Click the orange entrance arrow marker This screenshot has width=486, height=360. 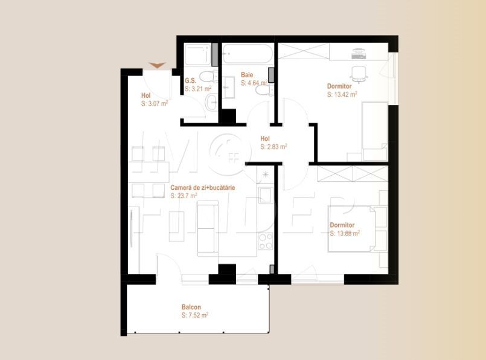[158, 65]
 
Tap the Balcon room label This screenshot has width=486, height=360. [191, 307]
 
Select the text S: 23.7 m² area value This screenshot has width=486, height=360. [184, 196]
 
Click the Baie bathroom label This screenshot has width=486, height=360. [247, 75]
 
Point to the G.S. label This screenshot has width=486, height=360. [191, 80]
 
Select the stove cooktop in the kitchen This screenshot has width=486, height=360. [266, 241]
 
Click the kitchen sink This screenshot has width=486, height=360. [266, 196]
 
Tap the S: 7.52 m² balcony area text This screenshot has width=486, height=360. [195, 315]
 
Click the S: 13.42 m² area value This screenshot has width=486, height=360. [342, 94]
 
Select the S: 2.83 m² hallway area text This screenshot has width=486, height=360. [273, 146]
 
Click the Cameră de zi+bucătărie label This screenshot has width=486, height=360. [203, 188]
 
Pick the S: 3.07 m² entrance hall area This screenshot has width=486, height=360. [154, 104]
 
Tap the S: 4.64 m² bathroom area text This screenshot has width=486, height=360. [254, 83]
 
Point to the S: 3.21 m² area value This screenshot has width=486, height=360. [198, 89]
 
